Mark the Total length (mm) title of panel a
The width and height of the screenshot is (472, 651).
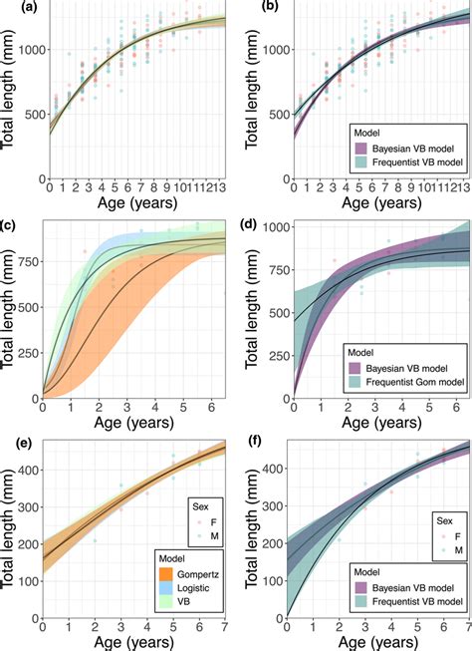tap(9, 90)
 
